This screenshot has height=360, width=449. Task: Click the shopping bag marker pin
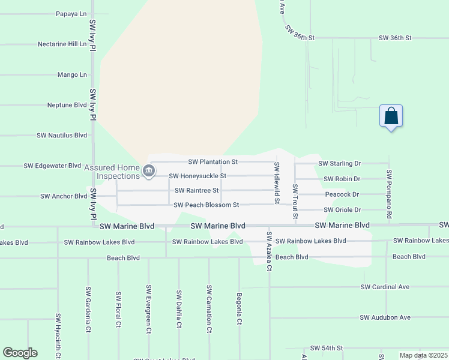(391, 116)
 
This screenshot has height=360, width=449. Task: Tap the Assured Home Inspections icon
(148, 172)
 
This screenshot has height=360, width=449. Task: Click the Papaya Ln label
(71, 13)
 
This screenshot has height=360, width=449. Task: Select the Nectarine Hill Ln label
(62, 44)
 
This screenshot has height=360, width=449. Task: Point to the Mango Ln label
(72, 75)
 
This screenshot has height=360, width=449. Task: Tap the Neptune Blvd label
(67, 105)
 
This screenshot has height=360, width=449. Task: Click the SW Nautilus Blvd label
(62, 136)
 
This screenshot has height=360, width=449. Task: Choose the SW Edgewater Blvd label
(52, 166)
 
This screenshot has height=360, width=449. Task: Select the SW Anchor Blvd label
(64, 196)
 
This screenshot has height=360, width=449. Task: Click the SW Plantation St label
(213, 162)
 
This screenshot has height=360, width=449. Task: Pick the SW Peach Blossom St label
(206, 205)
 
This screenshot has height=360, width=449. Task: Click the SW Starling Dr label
(339, 163)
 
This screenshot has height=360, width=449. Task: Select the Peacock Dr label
(342, 194)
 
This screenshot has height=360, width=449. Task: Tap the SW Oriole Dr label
(342, 210)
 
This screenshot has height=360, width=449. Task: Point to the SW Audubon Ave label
(385, 317)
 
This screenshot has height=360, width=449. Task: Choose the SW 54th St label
(327, 348)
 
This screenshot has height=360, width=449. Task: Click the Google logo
(20, 353)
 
